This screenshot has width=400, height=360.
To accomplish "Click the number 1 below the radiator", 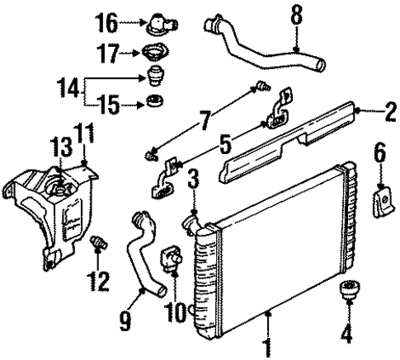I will tap(267, 347).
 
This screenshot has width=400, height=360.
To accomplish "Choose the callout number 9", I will tap(125, 318).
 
